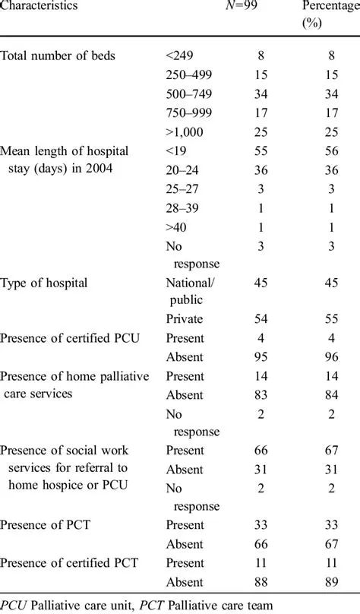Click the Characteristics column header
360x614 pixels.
click(x=39, y=6)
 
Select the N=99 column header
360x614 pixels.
click(x=247, y=6)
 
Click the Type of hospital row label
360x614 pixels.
click(x=44, y=283)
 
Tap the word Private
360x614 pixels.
click(x=184, y=319)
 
